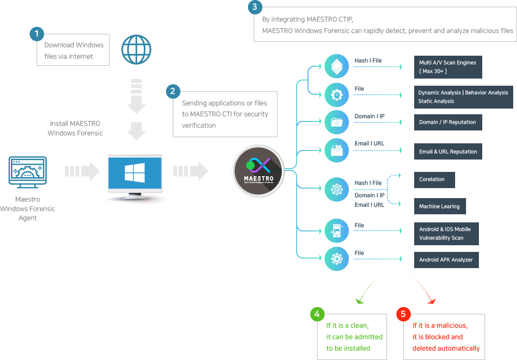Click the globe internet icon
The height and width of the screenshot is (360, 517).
(137, 49)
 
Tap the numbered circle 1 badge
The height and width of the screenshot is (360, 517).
(37, 34)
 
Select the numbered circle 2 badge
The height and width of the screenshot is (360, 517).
(173, 91)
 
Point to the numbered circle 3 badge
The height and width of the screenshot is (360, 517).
(255, 7)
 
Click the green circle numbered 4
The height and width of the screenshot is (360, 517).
(317, 314)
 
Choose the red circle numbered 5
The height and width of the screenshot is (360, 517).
(403, 314)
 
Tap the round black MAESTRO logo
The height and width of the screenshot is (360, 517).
(258, 170)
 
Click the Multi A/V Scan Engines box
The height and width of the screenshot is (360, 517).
(447, 67)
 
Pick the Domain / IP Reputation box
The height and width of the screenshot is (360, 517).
(447, 122)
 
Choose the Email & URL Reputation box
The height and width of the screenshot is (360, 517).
(448, 151)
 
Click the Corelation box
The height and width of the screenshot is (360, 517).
(434, 180)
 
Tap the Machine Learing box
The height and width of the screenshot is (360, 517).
(439, 206)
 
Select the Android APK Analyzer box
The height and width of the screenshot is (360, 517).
(446, 260)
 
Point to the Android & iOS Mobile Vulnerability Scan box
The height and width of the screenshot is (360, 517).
(446, 233)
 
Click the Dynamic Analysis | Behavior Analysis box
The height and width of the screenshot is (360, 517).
(463, 97)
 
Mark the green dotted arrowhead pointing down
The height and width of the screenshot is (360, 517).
(360, 300)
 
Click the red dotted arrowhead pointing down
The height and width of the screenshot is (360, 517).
(432, 300)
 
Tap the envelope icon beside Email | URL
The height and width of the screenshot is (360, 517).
(337, 150)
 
